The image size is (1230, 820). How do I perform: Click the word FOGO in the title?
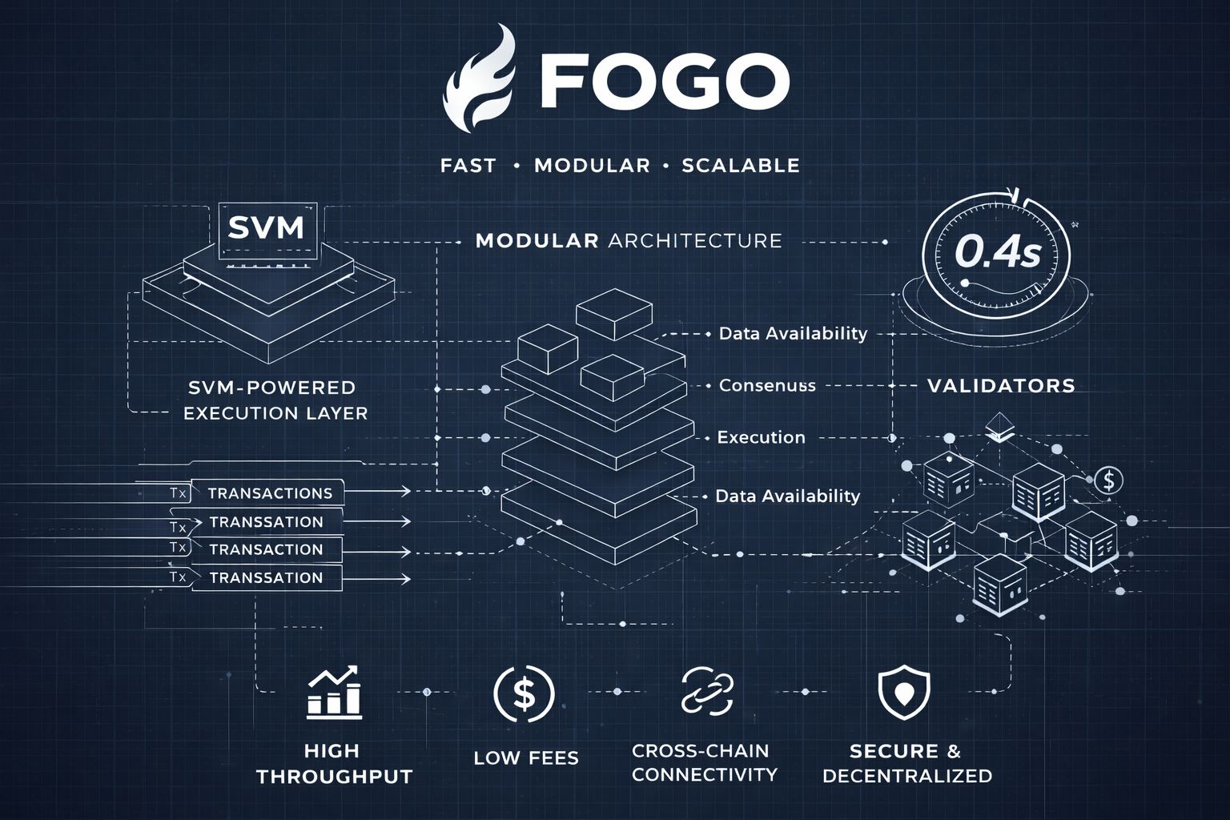click(x=664, y=81)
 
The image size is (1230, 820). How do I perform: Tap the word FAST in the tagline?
click(x=468, y=166)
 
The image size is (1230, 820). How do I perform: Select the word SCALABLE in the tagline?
click(x=740, y=166)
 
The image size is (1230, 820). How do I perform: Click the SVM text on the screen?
click(x=266, y=227)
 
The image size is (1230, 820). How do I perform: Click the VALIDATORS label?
click(x=1001, y=386)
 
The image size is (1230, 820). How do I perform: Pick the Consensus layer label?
click(x=767, y=385)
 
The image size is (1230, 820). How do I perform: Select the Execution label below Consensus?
click(x=761, y=437)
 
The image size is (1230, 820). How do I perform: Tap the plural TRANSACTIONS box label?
click(x=270, y=493)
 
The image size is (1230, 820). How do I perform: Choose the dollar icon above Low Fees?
click(x=524, y=693)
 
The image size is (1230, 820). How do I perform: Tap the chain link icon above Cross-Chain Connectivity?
click(x=707, y=692)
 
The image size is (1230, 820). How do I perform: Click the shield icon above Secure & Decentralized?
click(x=904, y=693)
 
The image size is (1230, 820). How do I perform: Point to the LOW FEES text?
click(x=526, y=758)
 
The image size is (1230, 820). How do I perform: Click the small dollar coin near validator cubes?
click(x=1108, y=481)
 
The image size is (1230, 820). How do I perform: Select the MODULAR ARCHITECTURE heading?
click(x=629, y=240)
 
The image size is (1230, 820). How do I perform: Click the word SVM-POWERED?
click(x=271, y=388)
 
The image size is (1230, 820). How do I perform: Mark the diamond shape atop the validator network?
click(x=999, y=425)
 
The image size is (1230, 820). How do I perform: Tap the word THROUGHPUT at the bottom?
click(x=335, y=777)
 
